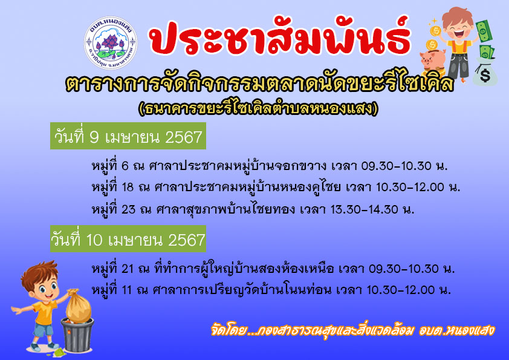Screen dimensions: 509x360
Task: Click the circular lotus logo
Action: point(111,42)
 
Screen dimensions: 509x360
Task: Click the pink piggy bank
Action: point(432,62)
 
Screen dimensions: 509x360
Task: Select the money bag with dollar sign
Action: point(485,73)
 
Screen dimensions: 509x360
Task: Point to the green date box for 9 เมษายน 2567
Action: point(128,136)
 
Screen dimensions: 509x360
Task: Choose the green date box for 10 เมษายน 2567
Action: point(128,239)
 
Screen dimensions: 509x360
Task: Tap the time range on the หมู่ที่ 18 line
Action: point(410,187)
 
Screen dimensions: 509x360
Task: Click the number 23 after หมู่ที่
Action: point(128,209)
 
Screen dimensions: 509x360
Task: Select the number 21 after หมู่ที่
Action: point(127,269)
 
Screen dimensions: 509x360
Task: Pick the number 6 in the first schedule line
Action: point(125,166)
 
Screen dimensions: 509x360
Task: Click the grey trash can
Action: point(77,335)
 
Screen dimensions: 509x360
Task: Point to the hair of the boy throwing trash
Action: point(40,274)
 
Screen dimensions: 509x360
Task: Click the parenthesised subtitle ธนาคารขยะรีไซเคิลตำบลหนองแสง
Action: point(258,108)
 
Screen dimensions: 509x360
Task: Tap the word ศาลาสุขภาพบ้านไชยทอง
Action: point(225,209)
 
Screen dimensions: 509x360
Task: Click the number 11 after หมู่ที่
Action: point(126,290)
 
